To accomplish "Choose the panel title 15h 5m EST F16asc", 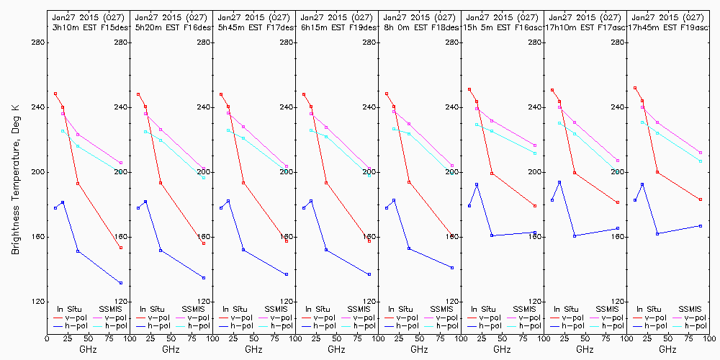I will click(x=503, y=27).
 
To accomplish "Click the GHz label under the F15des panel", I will click(x=88, y=349).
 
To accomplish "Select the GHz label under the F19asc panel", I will click(x=667, y=349).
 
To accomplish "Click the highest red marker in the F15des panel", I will click(x=55, y=94).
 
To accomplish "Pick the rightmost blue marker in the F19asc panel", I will click(x=701, y=226).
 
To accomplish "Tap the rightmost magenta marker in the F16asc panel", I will click(x=535, y=145).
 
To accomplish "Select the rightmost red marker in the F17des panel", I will click(x=287, y=241).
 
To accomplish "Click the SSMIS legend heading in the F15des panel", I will click(x=112, y=309).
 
